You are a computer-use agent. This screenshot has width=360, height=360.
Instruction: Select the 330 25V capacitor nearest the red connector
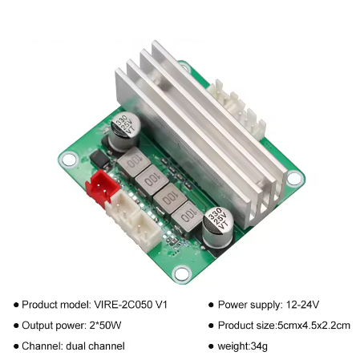(124, 131)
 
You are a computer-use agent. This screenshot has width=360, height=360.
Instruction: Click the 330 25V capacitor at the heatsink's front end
(218, 228)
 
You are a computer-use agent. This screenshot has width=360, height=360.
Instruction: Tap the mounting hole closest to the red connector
(69, 160)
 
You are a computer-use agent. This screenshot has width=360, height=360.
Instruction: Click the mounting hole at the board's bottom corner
(182, 273)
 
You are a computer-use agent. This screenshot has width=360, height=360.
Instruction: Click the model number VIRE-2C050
(123, 305)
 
